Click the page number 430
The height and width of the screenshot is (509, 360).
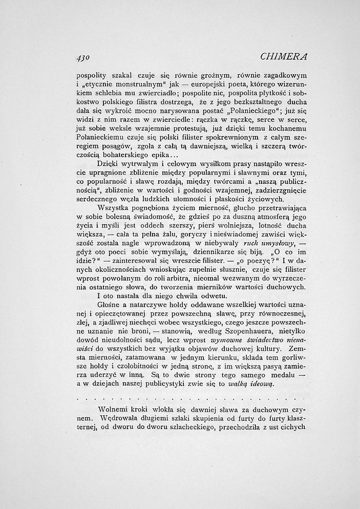83,56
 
